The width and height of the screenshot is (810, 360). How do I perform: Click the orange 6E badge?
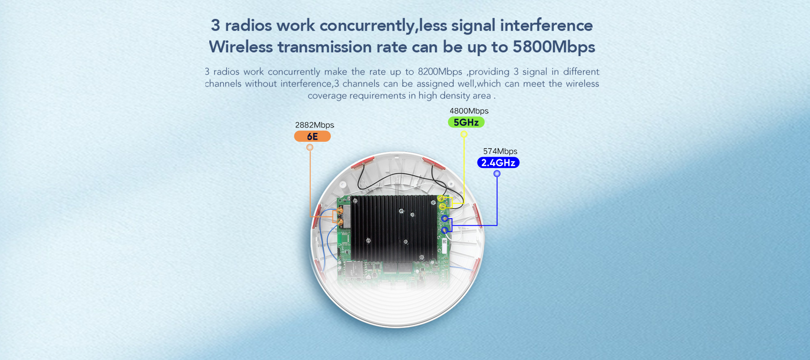pyautogui.click(x=312, y=136)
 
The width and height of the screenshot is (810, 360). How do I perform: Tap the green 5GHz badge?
pyautogui.click(x=466, y=122)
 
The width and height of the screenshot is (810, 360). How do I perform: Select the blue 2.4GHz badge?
pyautogui.click(x=498, y=162)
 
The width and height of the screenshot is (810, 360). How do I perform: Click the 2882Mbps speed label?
pyautogui.click(x=315, y=125)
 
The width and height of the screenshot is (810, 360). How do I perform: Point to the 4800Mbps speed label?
pyautogui.click(x=469, y=111)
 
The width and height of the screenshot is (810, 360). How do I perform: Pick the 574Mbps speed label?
pyautogui.click(x=500, y=151)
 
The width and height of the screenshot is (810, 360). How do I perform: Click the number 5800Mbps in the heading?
pyautogui.click(x=554, y=47)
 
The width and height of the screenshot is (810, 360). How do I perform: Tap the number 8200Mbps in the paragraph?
pyautogui.click(x=440, y=72)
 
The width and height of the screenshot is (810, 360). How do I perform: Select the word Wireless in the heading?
pyautogui.click(x=241, y=47)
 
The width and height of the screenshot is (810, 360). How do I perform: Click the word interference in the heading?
pyautogui.click(x=546, y=25)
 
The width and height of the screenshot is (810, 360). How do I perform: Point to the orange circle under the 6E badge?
pyautogui.click(x=310, y=147)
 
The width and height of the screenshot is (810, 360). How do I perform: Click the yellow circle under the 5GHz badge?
pyautogui.click(x=464, y=134)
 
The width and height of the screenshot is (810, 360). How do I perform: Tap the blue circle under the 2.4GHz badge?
pyautogui.click(x=497, y=173)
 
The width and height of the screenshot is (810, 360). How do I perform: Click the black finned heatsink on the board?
pyautogui.click(x=394, y=227)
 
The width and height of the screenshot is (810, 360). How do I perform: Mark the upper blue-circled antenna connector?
pyautogui.click(x=445, y=219)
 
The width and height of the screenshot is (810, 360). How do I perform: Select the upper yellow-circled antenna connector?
pyautogui.click(x=441, y=198)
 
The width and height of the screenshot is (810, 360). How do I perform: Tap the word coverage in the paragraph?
pyautogui.click(x=327, y=96)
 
